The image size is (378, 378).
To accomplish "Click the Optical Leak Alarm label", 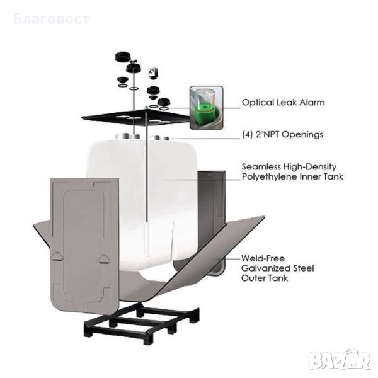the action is pyautogui.click(x=283, y=103).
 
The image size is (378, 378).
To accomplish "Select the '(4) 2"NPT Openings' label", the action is pyautogui.click(x=282, y=134).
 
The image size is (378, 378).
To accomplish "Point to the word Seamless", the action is pyautogui.click(x=261, y=166).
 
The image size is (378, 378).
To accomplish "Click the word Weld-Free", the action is pyautogui.click(x=263, y=258).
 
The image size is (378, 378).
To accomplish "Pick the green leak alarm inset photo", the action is pyautogui.click(x=207, y=108).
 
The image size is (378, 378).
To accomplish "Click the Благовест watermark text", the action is pyautogui.click(x=52, y=19).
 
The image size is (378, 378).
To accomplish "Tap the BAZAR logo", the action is pyautogui.click(x=340, y=359).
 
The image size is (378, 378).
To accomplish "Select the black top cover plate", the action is pyautogui.click(x=136, y=117).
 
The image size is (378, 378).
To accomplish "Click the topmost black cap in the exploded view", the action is pyautogui.click(x=123, y=57).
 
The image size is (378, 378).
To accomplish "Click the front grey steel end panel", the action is pyautogui.click(x=85, y=246).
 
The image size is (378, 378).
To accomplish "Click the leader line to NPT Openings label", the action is pyautogui.click(x=204, y=139).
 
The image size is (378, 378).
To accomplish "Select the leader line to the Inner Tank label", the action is pyautogui.click(x=202, y=180).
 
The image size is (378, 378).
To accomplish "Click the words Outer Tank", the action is pyautogui.click(x=265, y=278).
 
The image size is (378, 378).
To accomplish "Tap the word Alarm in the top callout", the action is pyautogui.click(x=312, y=103).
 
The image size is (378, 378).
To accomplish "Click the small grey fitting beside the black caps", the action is pyautogui.click(x=153, y=73).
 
